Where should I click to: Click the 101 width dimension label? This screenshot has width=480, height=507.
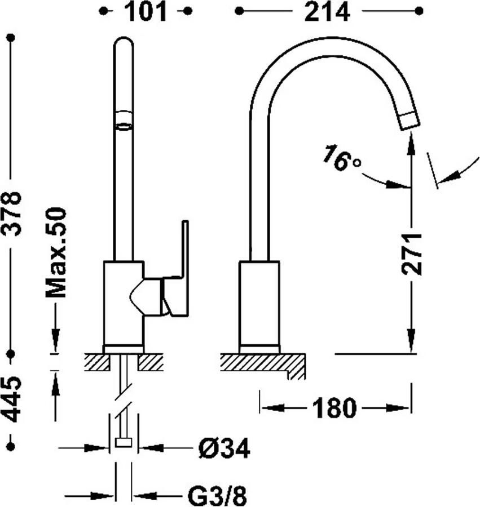tap(146, 12)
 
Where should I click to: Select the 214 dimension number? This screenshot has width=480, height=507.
tap(327, 12)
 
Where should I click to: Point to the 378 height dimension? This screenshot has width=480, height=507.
tap(12, 214)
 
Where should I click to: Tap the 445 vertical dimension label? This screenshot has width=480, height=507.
tap(12, 399)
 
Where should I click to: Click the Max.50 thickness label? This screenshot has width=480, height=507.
tap(56, 252)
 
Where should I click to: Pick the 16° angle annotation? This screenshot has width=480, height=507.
tap(341, 158)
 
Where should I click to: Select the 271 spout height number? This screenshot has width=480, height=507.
tap(411, 254)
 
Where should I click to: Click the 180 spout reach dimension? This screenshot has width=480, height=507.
tap(334, 408)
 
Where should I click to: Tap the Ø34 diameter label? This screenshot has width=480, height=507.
tap(224, 448)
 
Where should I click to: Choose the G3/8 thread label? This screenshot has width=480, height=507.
tap(217, 495)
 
